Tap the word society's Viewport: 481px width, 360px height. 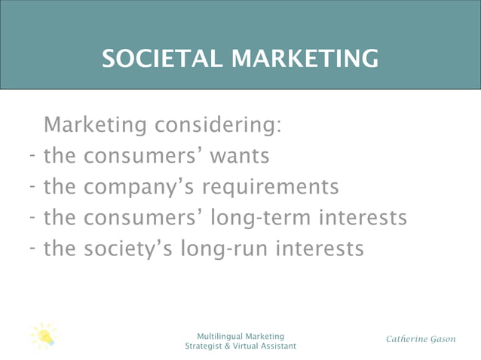click(x=129, y=248)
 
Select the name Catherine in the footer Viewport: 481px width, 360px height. click(x=407, y=339)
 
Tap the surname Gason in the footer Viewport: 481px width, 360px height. click(x=443, y=339)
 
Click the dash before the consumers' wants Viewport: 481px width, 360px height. click(x=34, y=156)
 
